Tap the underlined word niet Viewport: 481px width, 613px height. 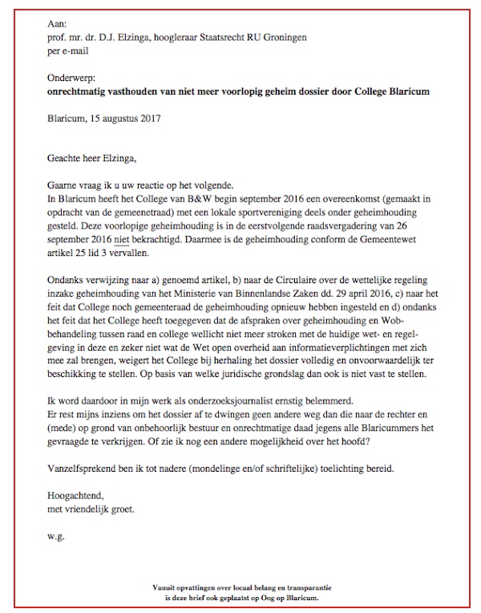click(x=123, y=239)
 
